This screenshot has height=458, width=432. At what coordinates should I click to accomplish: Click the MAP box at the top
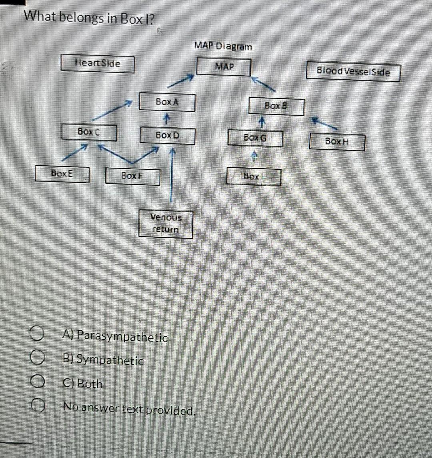pyautogui.click(x=224, y=67)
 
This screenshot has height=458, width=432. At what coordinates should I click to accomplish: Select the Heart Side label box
pyautogui.click(x=97, y=64)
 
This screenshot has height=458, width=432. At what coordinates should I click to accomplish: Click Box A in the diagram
pyautogui.click(x=167, y=102)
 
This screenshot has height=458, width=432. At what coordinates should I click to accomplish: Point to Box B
pyautogui.click(x=276, y=106)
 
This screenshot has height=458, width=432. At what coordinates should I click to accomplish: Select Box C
pyautogui.click(x=89, y=132)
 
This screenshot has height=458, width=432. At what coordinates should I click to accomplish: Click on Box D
pyautogui.click(x=167, y=136)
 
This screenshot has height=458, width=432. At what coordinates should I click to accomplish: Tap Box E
pyautogui.click(x=62, y=174)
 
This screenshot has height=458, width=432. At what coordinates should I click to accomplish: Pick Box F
pyautogui.click(x=132, y=176)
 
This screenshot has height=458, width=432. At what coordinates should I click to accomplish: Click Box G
pyautogui.click(x=255, y=139)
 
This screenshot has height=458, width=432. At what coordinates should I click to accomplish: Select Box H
pyautogui.click(x=337, y=142)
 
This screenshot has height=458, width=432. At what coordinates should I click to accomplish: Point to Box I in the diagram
pyautogui.click(x=254, y=177)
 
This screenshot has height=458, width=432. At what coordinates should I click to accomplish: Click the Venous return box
pyautogui.click(x=166, y=224)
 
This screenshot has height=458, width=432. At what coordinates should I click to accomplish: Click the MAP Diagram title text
pyautogui.click(x=223, y=46)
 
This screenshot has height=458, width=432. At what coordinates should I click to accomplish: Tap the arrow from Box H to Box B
pyautogui.click(x=324, y=123)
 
